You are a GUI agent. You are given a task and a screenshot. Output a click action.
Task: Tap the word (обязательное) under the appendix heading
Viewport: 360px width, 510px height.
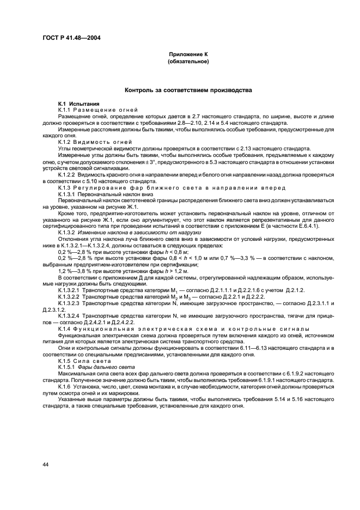tap(188, 62)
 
